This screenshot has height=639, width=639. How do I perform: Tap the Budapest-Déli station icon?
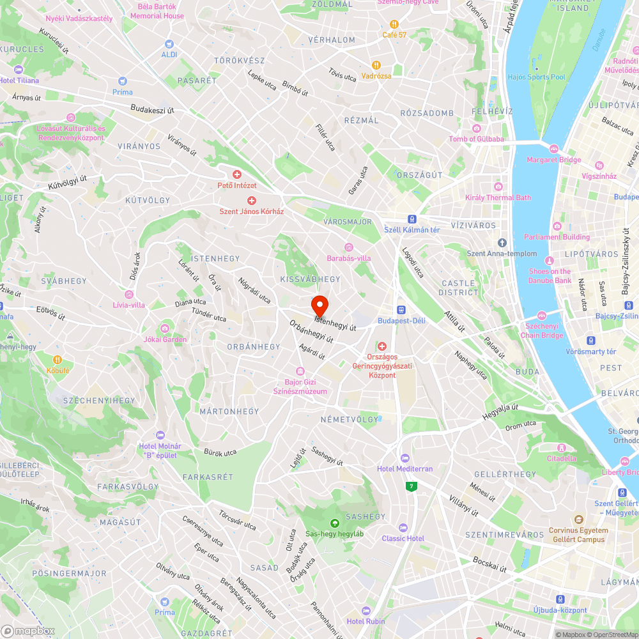(x=401, y=309)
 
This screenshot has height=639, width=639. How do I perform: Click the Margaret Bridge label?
(x=554, y=160)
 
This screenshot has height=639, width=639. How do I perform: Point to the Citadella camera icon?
(x=562, y=447)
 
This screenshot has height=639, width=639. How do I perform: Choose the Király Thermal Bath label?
(x=498, y=197)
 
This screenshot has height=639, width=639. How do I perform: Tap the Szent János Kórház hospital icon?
(x=252, y=201)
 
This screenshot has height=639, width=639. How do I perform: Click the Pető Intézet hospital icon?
(x=237, y=174)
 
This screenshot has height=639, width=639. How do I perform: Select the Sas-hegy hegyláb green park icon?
(x=334, y=523)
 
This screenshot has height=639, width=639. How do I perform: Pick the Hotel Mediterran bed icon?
(x=404, y=458)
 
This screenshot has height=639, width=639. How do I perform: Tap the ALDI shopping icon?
(x=169, y=44)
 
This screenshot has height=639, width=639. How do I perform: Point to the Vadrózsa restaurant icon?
(x=376, y=65)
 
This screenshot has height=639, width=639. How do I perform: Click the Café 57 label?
(x=394, y=35)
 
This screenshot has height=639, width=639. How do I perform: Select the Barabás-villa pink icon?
(x=349, y=247)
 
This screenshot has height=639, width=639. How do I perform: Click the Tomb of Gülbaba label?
(x=476, y=139)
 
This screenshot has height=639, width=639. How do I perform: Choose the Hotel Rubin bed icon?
(x=366, y=610)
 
